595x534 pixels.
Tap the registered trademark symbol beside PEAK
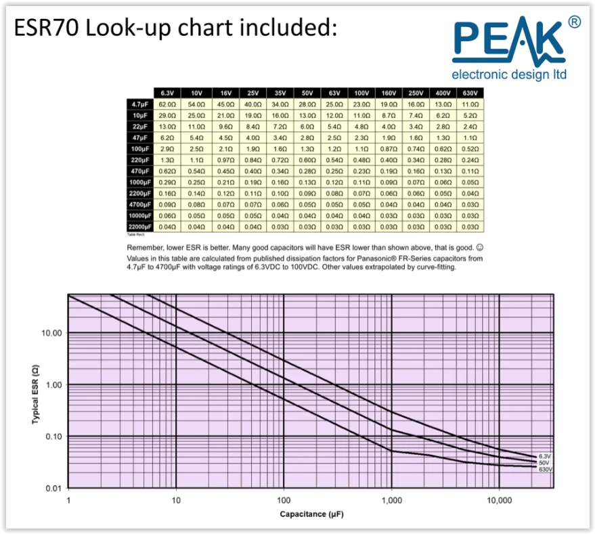click(x=574, y=23)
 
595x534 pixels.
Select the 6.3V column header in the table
click(x=167, y=93)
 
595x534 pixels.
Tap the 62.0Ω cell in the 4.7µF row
click(x=167, y=105)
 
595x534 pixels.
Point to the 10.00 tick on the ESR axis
click(x=53, y=334)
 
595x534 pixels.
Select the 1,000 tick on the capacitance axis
click(x=391, y=500)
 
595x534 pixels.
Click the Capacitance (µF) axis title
click(x=312, y=514)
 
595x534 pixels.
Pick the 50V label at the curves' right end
click(x=545, y=463)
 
